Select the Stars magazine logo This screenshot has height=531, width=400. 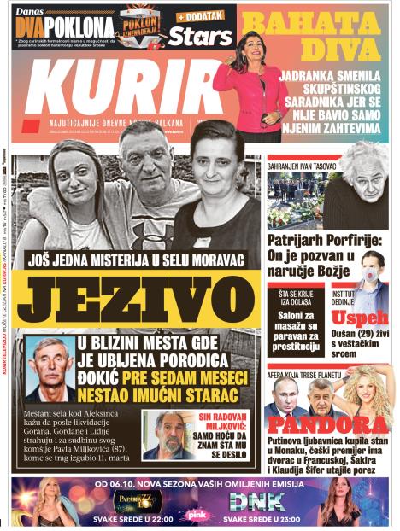(x=200, y=36)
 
